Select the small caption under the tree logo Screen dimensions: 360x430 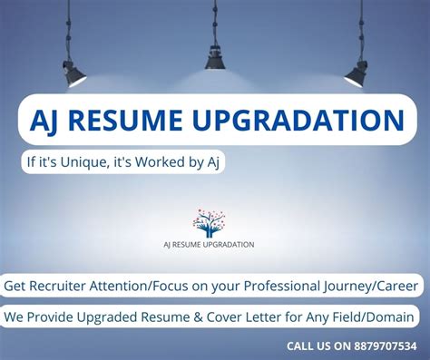click(x=209, y=245)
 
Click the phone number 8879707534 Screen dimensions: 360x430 click(x=381, y=345)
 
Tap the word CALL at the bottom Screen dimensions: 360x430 click(x=302, y=345)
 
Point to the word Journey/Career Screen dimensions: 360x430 click(x=371, y=286)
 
